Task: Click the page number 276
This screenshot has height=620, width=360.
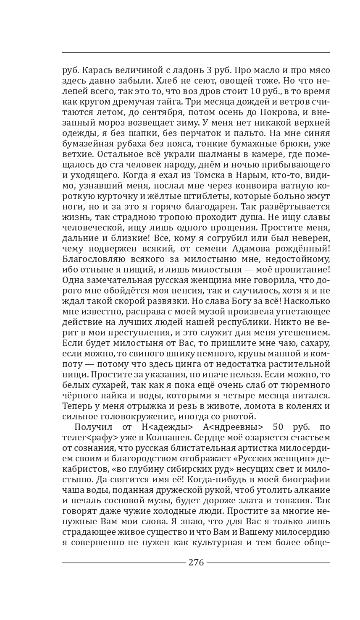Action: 196,562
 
